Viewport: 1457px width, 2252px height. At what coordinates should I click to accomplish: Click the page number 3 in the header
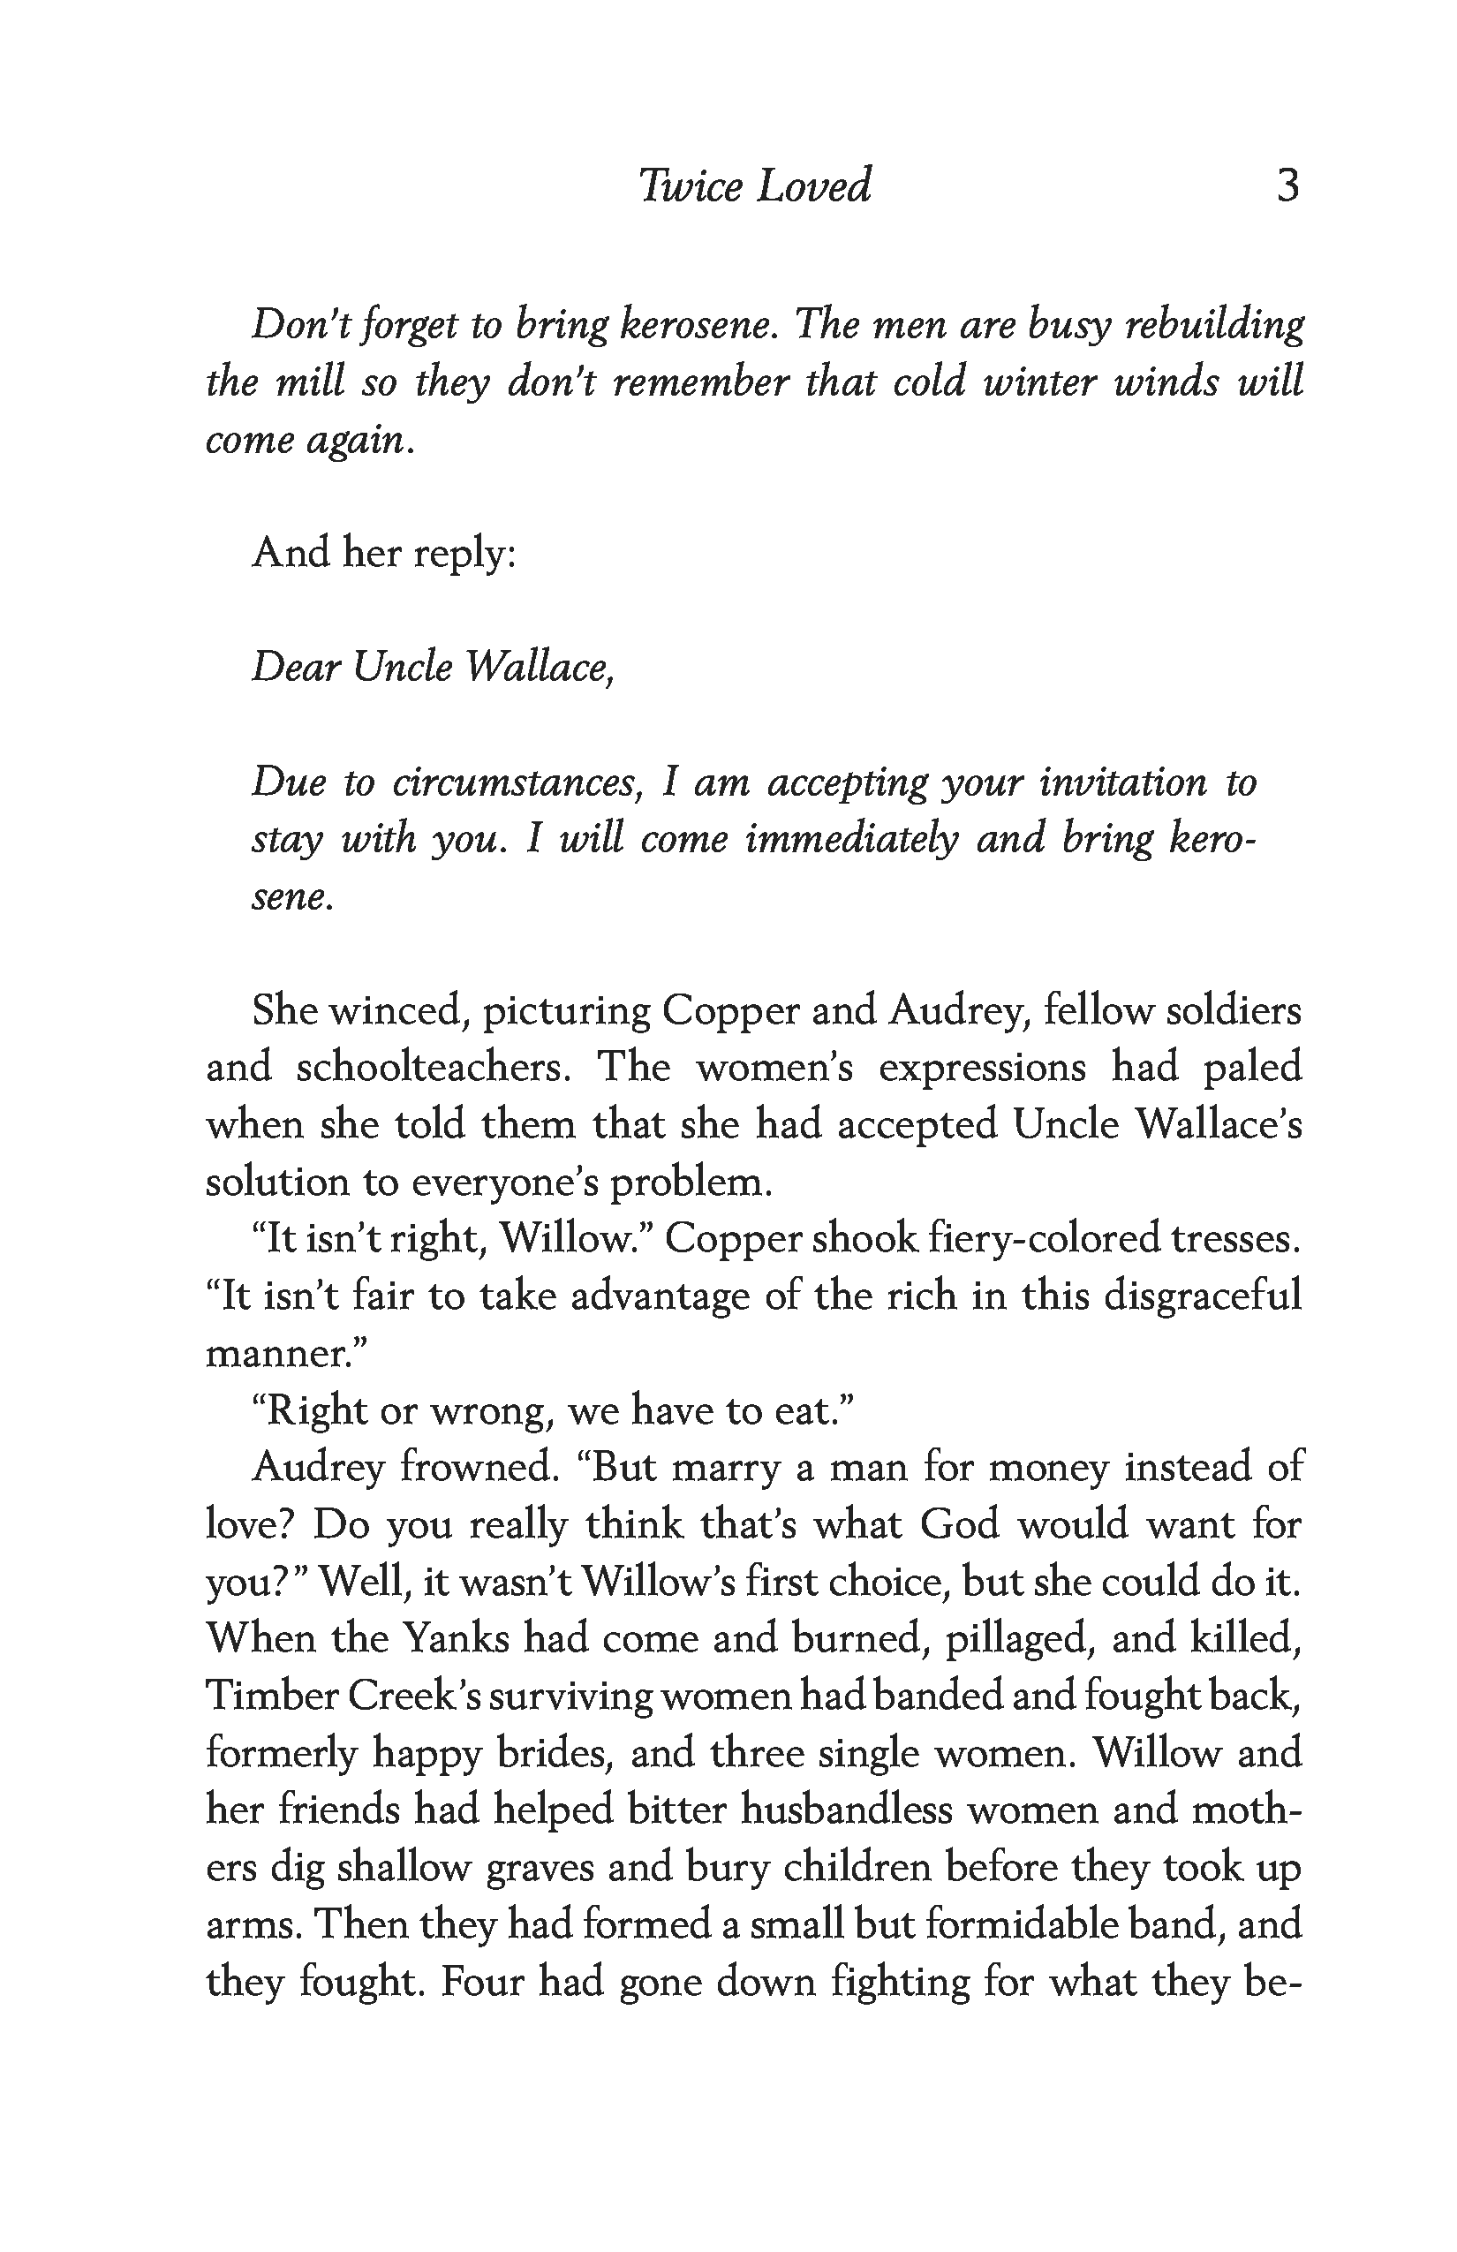(1287, 185)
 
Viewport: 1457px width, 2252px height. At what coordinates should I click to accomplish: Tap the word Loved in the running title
(813, 185)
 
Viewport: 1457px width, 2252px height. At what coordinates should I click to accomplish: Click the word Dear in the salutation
(293, 667)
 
